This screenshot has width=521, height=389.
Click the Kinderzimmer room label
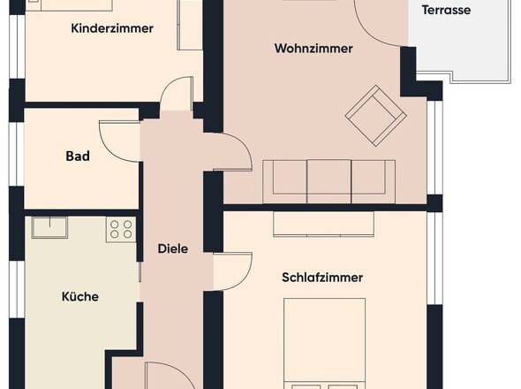[x=111, y=28]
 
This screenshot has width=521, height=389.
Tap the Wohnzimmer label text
[x=313, y=49]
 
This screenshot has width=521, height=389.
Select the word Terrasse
[x=446, y=11]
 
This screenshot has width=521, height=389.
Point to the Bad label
[x=78, y=156]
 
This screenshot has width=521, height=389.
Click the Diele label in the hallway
[x=172, y=248]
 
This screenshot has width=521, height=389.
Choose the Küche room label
[x=79, y=296]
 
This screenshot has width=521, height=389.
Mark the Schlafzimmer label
[x=322, y=278]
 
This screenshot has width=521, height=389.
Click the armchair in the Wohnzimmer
[x=375, y=115]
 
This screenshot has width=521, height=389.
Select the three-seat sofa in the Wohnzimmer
[x=329, y=181]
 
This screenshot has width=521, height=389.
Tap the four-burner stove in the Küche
[x=120, y=230]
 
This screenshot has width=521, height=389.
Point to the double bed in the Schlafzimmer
[x=324, y=345]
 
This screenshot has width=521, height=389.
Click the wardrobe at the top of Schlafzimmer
[x=323, y=224]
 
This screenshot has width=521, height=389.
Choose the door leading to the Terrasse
[x=380, y=22]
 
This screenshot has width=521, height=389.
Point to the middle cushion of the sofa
[x=329, y=180]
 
